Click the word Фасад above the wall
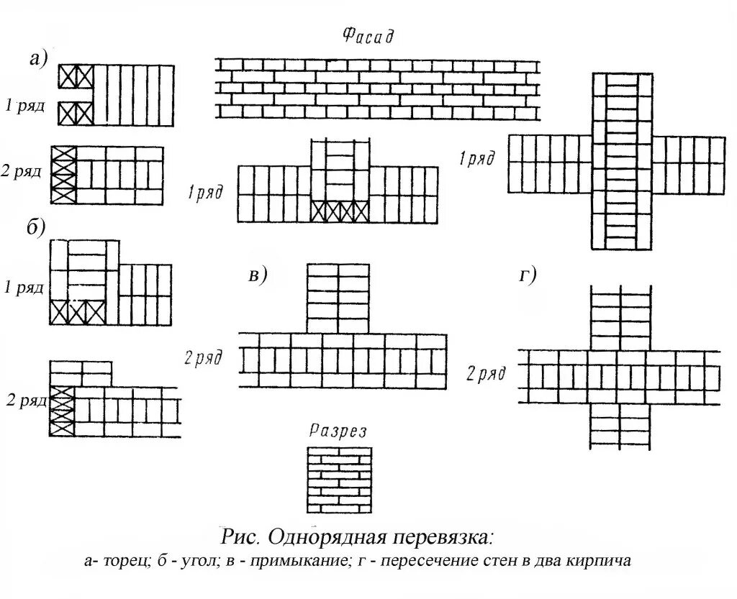(x=367, y=36)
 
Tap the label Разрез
(x=338, y=431)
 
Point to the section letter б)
(x=36, y=228)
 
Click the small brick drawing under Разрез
(x=339, y=480)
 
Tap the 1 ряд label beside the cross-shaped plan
(x=477, y=159)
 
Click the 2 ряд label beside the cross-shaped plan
(x=486, y=374)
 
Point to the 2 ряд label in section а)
(x=24, y=173)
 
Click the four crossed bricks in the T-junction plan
(x=340, y=211)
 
